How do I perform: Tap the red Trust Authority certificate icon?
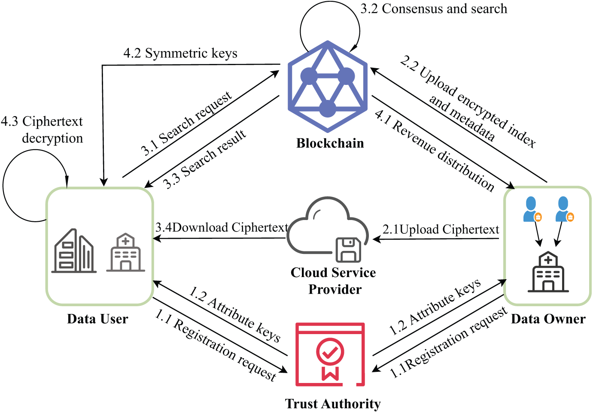click(330, 354)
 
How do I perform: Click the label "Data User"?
click(97, 319)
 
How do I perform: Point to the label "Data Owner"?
click(548, 319)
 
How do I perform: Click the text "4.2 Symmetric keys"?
click(180, 54)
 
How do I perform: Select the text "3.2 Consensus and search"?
click(434, 9)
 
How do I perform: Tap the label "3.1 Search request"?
click(186, 123)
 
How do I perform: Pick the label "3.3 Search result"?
click(204, 159)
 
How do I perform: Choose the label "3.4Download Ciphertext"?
click(222, 227)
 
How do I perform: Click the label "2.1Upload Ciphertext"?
click(441, 229)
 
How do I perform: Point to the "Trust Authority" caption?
click(333, 404)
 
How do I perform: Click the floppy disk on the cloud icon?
click(348, 250)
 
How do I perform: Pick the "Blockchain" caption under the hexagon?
click(330, 143)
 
